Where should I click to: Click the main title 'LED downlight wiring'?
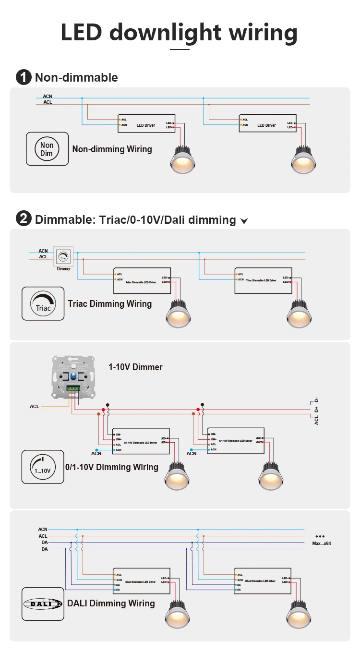coord(179,33)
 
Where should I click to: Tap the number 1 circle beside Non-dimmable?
coord(24,77)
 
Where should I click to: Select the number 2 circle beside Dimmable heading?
coord(24,219)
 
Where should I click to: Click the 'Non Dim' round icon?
coord(47,149)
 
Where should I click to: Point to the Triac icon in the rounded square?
coord(43,303)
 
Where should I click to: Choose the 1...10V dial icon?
coord(42,466)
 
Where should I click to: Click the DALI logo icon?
coord(43,604)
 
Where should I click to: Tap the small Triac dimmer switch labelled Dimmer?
coord(63,257)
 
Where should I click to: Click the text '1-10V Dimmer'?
coord(135,367)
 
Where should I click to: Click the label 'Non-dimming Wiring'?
coord(112,149)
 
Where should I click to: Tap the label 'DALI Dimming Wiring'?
coord(111,604)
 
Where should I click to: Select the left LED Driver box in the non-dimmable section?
coord(146,123)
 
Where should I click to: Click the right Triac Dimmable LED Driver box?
coord(263,280)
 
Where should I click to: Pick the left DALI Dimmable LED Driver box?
coord(142,580)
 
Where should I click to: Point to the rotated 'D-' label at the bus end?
coord(316,400)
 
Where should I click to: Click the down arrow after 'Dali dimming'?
coord(244,221)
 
